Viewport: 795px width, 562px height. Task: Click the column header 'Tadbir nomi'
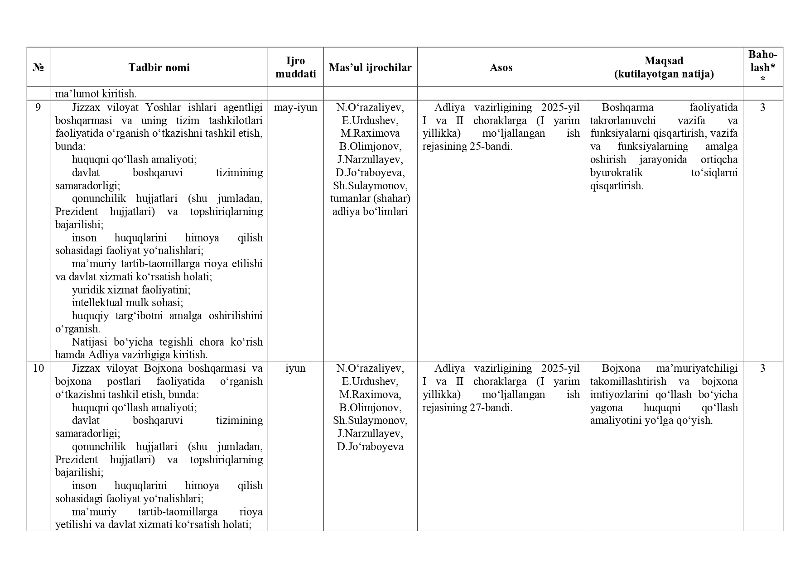159,67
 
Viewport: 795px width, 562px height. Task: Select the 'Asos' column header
501,67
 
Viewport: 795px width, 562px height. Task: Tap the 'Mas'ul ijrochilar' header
370,67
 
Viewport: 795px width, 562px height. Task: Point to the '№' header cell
38,67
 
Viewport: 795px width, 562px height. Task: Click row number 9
38,107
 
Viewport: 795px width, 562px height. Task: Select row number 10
38,368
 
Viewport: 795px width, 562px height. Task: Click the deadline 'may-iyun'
295,107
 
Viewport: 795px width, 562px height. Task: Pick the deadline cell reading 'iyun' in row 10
295,368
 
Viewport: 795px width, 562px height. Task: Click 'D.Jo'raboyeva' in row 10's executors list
370,447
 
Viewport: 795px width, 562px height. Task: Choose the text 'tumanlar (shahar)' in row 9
370,198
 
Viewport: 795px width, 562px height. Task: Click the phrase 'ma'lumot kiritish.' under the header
96,94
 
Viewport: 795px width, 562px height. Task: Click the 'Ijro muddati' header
295,67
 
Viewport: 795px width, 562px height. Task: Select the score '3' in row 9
762,107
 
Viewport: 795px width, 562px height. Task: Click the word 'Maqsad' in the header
664,61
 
